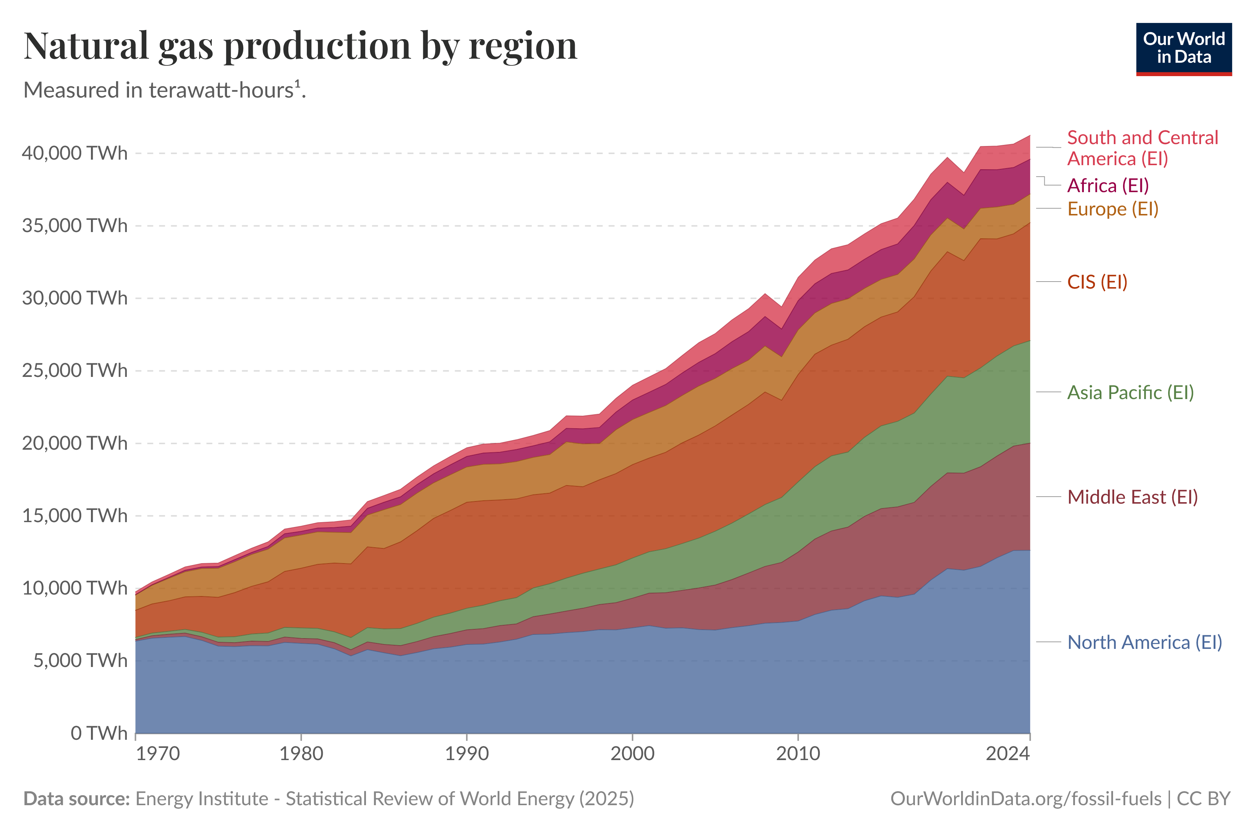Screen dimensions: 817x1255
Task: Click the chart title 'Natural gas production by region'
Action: tap(301, 47)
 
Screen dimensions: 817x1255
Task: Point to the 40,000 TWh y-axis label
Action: tap(74, 153)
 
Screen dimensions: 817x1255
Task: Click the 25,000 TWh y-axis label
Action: tap(74, 371)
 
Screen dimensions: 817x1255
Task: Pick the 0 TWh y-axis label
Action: tap(99, 733)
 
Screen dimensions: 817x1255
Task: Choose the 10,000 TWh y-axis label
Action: tap(74, 588)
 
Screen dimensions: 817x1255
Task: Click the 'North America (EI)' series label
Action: tap(1144, 642)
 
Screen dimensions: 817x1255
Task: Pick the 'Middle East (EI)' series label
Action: tap(1132, 497)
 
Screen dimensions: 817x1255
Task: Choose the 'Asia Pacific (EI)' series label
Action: tap(1130, 392)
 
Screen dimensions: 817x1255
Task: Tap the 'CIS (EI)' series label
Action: tap(1097, 282)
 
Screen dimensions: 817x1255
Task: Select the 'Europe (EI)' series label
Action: tap(1113, 209)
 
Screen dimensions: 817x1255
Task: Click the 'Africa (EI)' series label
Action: tap(1108, 185)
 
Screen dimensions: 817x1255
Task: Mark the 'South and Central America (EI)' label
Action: tap(1142, 148)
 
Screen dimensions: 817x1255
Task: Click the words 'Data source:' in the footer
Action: tap(77, 799)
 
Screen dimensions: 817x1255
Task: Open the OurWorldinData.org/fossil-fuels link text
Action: tap(1025, 799)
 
